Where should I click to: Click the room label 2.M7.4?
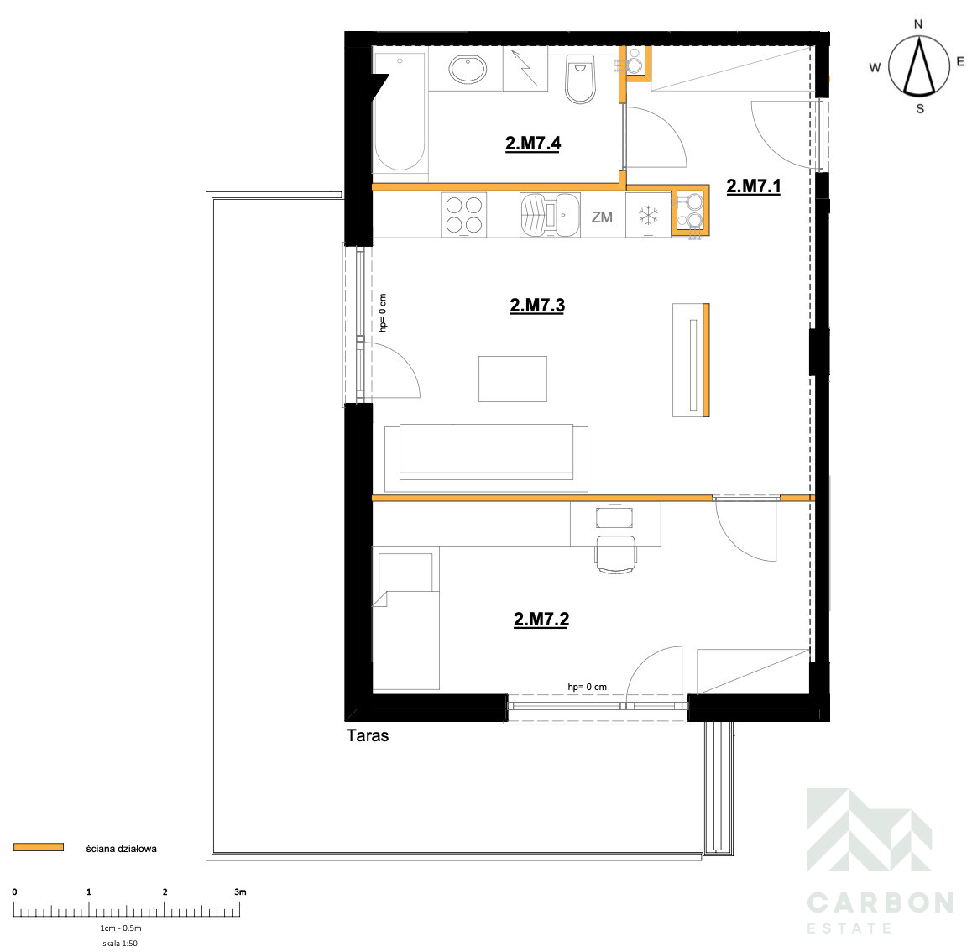533,144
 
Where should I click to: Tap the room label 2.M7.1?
753,186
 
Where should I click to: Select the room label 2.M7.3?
537,306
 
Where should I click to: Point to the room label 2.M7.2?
541,620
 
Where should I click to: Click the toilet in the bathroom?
580,79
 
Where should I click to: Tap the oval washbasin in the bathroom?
468,70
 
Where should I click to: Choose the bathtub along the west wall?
400,112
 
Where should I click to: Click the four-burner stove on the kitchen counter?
463,214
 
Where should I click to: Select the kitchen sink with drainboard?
550,214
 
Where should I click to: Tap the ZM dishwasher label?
602,217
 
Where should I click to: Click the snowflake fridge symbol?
648,216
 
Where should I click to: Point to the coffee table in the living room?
513,379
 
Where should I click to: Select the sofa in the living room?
487,458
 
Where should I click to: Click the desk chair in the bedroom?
615,554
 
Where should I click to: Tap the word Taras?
368,735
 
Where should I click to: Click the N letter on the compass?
918,24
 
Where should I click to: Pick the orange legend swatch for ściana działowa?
39,847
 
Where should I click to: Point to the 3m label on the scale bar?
240,892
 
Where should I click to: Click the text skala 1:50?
120,944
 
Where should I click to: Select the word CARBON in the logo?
881,902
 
